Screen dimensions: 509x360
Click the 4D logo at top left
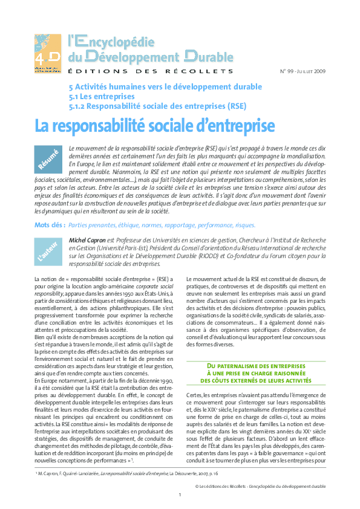pos(47,53)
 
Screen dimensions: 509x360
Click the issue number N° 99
pos(287,71)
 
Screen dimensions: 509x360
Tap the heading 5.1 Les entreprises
pos(101,96)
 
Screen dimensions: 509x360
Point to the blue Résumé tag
pos(48,160)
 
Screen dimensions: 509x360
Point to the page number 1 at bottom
pos(180,494)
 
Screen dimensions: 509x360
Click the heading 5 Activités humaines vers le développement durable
pos(166,86)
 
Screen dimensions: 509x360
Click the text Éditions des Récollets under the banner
pos(150,71)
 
